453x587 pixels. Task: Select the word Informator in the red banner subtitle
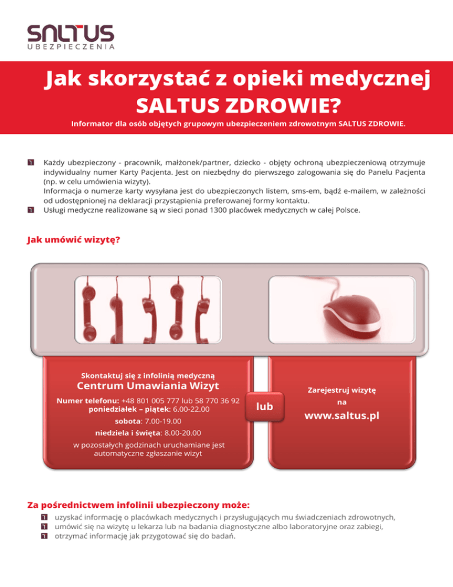(x=93, y=125)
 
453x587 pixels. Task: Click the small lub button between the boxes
(x=265, y=406)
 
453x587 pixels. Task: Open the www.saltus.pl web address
(x=342, y=415)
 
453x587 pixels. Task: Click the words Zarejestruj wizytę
(x=342, y=389)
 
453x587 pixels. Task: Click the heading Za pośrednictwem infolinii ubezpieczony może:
(x=139, y=505)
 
